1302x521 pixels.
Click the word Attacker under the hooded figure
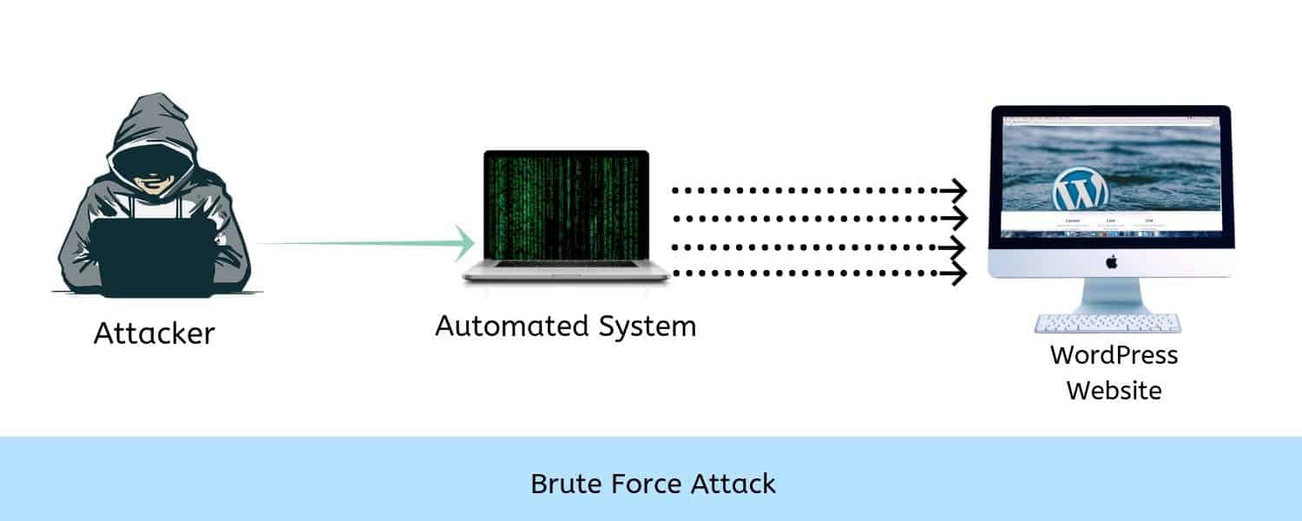click(154, 333)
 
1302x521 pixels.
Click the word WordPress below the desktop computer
click(1114, 354)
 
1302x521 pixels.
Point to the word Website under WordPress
click(1114, 391)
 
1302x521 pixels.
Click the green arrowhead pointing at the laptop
click(464, 243)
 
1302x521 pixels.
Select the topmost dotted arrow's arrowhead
click(958, 189)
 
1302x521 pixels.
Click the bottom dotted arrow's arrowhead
click(958, 274)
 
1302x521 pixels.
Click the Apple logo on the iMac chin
click(1110, 261)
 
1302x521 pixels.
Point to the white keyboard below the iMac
click(1108, 323)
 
